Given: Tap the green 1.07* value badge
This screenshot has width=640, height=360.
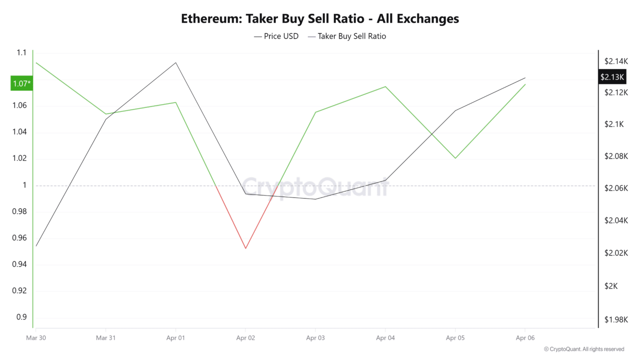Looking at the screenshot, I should point(21,83).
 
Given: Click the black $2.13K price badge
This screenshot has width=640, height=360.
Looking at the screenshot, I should point(612,77).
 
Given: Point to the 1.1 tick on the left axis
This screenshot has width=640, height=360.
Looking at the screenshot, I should point(21,52).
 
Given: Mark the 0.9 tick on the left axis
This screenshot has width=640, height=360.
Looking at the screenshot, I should point(21,317).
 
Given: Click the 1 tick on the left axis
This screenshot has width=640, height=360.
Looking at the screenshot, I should point(23,185).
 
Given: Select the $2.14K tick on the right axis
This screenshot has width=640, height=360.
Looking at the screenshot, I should point(615,61).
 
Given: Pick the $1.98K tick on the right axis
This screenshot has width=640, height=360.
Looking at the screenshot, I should point(615,319).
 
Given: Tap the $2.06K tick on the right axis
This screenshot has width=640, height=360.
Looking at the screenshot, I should point(615,188).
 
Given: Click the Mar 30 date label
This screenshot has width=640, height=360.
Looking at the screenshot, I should point(35,338).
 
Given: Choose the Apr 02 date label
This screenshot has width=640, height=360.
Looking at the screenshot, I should point(245,338).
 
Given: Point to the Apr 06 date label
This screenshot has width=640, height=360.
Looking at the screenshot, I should point(525,338).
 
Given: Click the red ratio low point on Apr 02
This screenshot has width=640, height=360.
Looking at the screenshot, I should point(245,248).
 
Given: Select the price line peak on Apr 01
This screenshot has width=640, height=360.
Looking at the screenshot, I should point(175,62).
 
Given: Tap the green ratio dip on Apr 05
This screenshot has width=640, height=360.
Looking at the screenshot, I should point(455,158).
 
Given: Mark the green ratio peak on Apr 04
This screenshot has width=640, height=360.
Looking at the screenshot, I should point(385,86).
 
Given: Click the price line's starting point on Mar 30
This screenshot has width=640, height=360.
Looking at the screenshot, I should point(36,246).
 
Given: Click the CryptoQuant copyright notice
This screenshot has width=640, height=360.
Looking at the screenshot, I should point(583,349).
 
